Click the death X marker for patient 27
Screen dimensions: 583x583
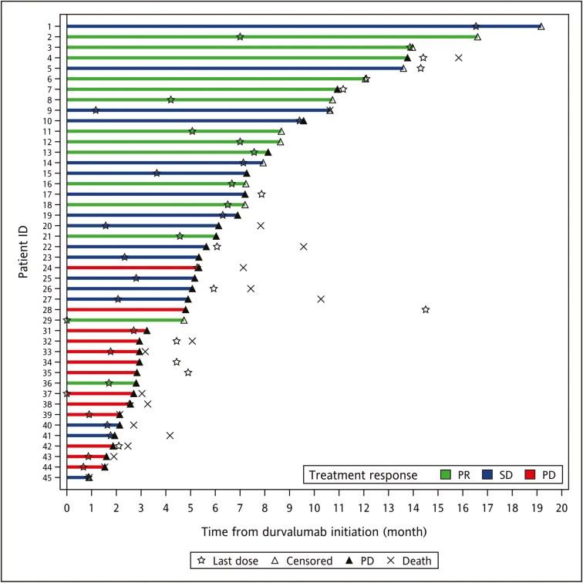point(321,298)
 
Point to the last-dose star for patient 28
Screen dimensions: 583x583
point(426,309)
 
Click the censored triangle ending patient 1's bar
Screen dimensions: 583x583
point(541,26)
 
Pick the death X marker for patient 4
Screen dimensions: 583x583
point(459,58)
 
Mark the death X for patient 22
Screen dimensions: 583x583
point(303,247)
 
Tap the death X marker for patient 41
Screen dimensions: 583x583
point(170,435)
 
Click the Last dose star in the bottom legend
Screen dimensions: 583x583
point(202,560)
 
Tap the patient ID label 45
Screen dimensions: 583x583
point(48,477)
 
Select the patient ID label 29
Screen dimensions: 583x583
point(48,319)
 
